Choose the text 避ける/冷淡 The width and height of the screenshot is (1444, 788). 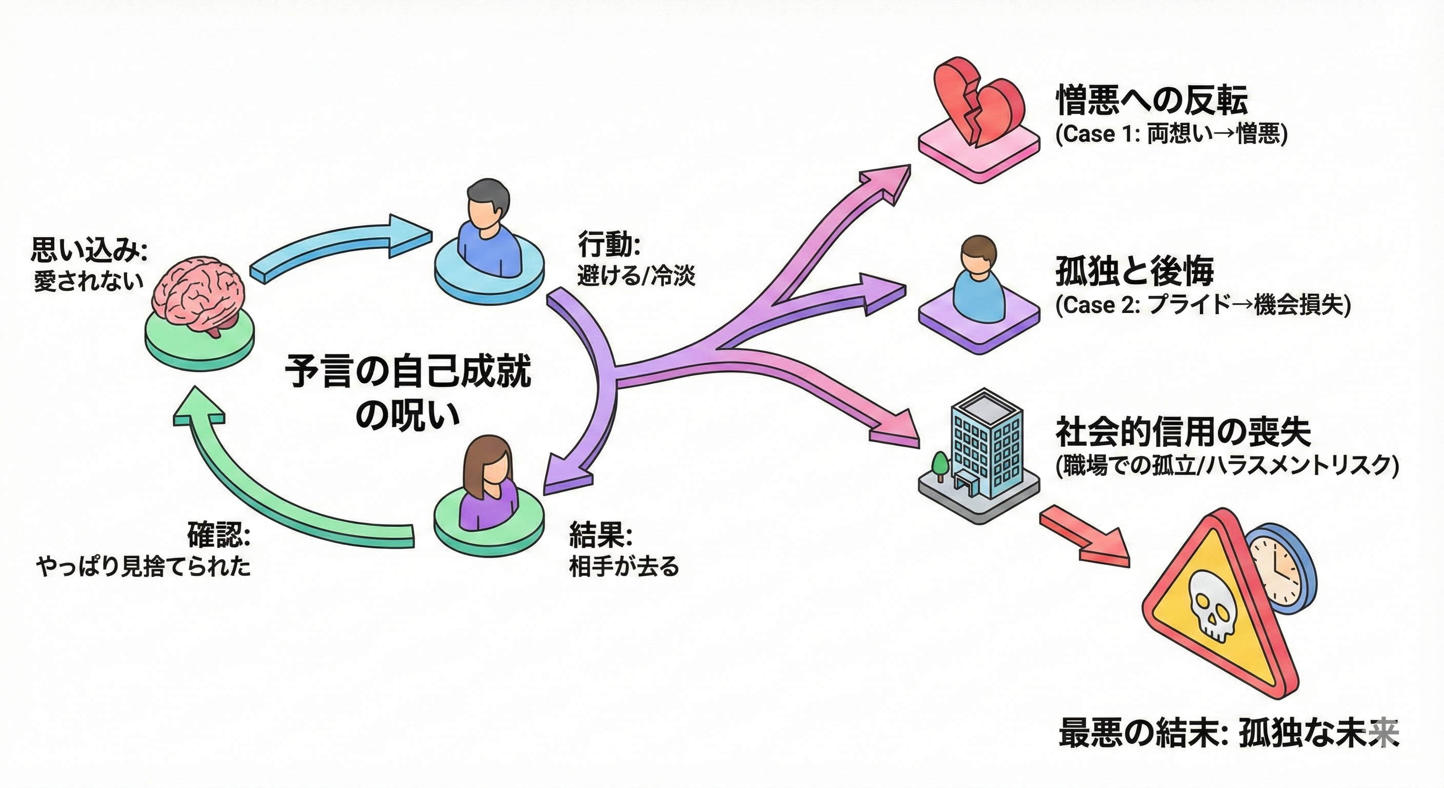coord(636,276)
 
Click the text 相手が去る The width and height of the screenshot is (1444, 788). coord(624,566)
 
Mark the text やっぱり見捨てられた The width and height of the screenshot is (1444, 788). coord(144,566)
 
